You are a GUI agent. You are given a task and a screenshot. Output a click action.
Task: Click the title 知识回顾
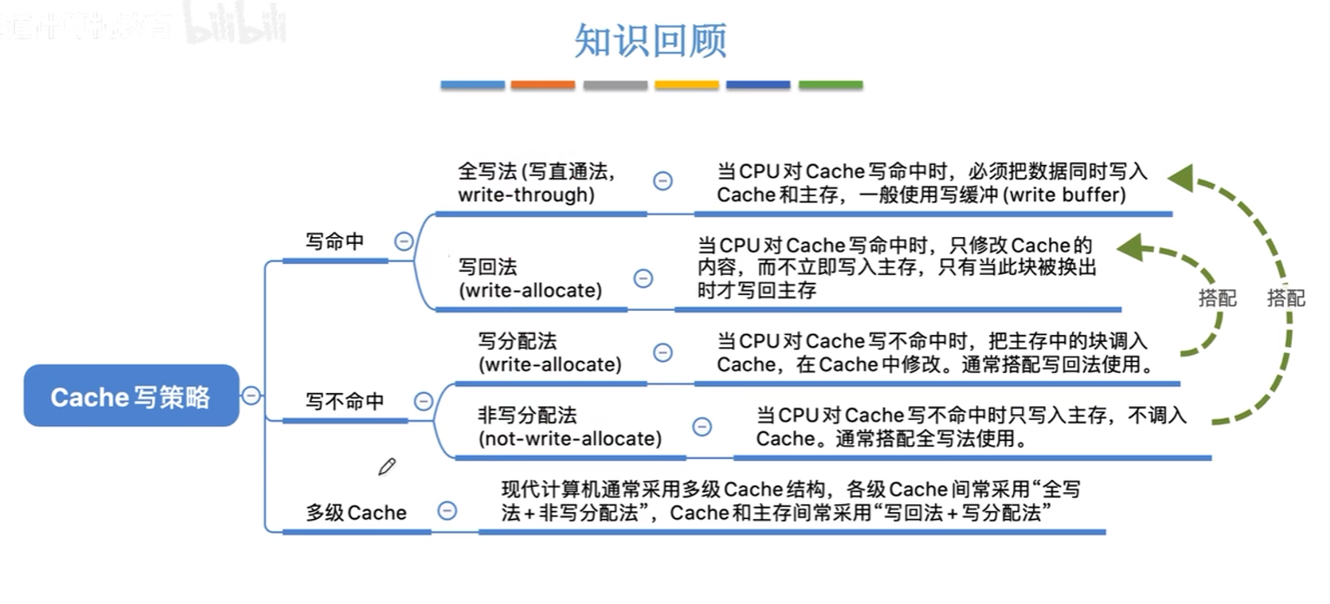(650, 41)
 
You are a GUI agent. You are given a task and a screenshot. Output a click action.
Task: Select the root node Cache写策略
(131, 397)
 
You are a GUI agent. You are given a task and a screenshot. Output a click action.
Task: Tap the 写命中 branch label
(335, 241)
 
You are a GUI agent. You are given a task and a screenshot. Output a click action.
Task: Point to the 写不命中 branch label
(345, 401)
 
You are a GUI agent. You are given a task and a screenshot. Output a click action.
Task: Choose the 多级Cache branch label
(356, 512)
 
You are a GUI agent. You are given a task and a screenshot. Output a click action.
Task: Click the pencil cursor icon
(386, 467)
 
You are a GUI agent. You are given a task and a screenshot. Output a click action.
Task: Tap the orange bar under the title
(543, 85)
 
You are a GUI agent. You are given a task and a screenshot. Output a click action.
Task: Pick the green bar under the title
(830, 85)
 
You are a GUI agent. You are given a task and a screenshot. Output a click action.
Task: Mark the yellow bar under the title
(687, 85)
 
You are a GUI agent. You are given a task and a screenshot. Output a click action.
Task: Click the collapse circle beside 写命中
(404, 241)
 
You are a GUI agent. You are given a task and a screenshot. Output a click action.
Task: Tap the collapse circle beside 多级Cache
(447, 510)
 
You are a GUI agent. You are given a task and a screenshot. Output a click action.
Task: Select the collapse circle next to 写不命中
(424, 401)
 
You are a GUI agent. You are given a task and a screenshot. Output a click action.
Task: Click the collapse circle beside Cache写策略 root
(251, 396)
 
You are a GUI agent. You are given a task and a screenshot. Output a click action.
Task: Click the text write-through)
(526, 194)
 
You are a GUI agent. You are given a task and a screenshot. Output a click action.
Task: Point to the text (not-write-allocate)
(570, 438)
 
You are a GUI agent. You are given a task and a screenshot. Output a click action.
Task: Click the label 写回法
(488, 266)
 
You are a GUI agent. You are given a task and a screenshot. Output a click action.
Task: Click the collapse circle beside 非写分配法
(701, 426)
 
